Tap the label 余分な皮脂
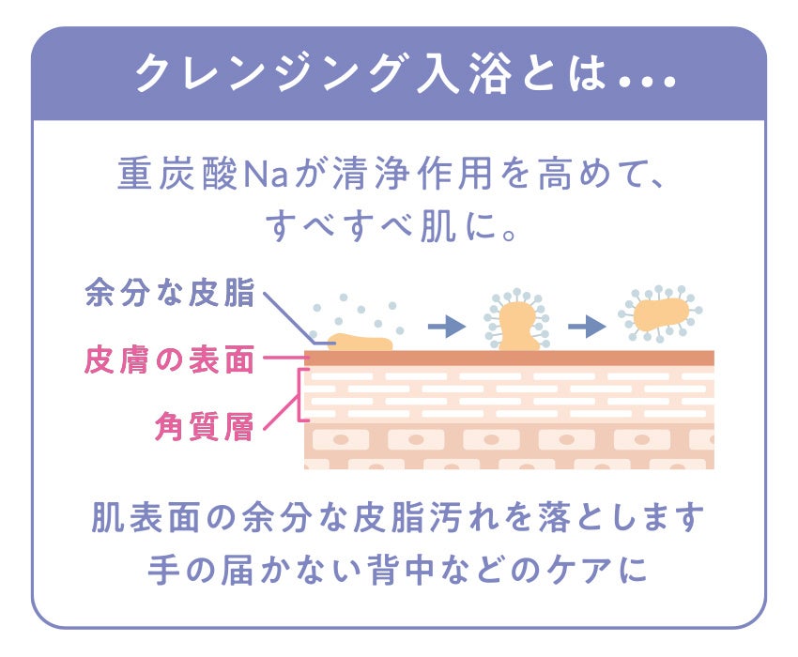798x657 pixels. pos(169,293)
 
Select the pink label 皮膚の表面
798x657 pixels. pos(169,359)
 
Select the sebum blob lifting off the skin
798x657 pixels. pos(516,325)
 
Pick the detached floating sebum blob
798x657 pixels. pos(660,313)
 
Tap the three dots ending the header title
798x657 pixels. pos(649,84)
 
